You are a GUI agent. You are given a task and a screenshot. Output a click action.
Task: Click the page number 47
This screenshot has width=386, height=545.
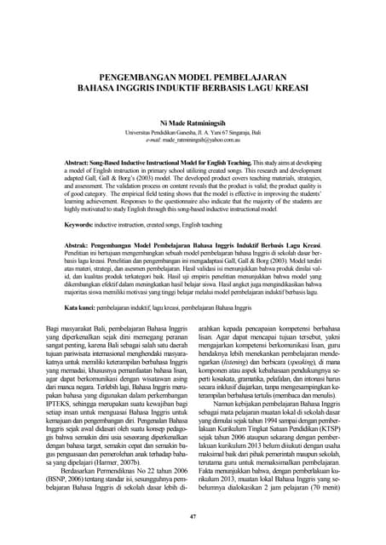193,517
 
